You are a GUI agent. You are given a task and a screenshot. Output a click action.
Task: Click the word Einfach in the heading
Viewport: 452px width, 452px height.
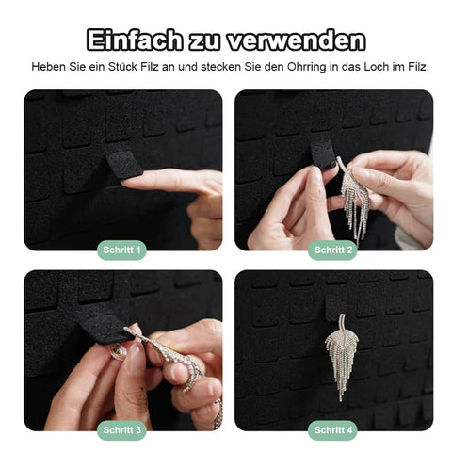click(135, 40)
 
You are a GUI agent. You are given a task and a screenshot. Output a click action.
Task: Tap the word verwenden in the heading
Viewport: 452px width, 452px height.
click(297, 40)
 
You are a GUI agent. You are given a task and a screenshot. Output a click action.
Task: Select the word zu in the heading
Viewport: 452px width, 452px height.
click(204, 42)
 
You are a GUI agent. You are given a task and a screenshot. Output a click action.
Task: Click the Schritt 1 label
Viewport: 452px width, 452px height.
click(121, 250)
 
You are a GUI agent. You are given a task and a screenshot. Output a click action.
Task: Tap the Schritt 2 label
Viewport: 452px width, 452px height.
click(333, 250)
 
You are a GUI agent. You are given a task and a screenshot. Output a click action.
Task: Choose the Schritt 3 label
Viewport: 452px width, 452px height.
click(121, 430)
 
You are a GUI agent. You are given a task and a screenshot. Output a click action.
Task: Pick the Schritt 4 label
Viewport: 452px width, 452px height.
click(333, 430)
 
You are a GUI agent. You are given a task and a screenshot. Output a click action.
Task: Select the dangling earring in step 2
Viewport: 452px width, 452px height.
click(355, 199)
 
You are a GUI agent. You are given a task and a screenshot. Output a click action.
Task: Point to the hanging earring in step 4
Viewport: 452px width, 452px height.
click(341, 356)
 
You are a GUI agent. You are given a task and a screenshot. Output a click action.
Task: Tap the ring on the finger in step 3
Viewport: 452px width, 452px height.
click(218, 414)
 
